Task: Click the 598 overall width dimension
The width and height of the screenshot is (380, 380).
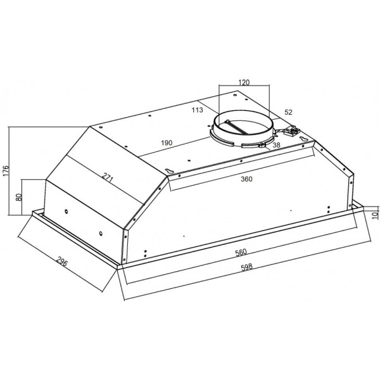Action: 247,267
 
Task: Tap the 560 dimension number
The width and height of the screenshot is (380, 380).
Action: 241,252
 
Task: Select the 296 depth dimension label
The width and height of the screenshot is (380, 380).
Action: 62,261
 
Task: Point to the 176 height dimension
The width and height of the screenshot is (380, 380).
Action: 6,170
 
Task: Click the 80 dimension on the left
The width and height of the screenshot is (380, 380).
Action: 19,197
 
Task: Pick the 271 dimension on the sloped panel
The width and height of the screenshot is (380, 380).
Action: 108,178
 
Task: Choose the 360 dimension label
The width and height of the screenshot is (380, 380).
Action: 246,179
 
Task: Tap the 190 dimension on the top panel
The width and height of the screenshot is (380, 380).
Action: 167,142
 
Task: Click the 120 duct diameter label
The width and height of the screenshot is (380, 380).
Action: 244,82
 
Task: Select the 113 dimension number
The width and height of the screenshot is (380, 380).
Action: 197,110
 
